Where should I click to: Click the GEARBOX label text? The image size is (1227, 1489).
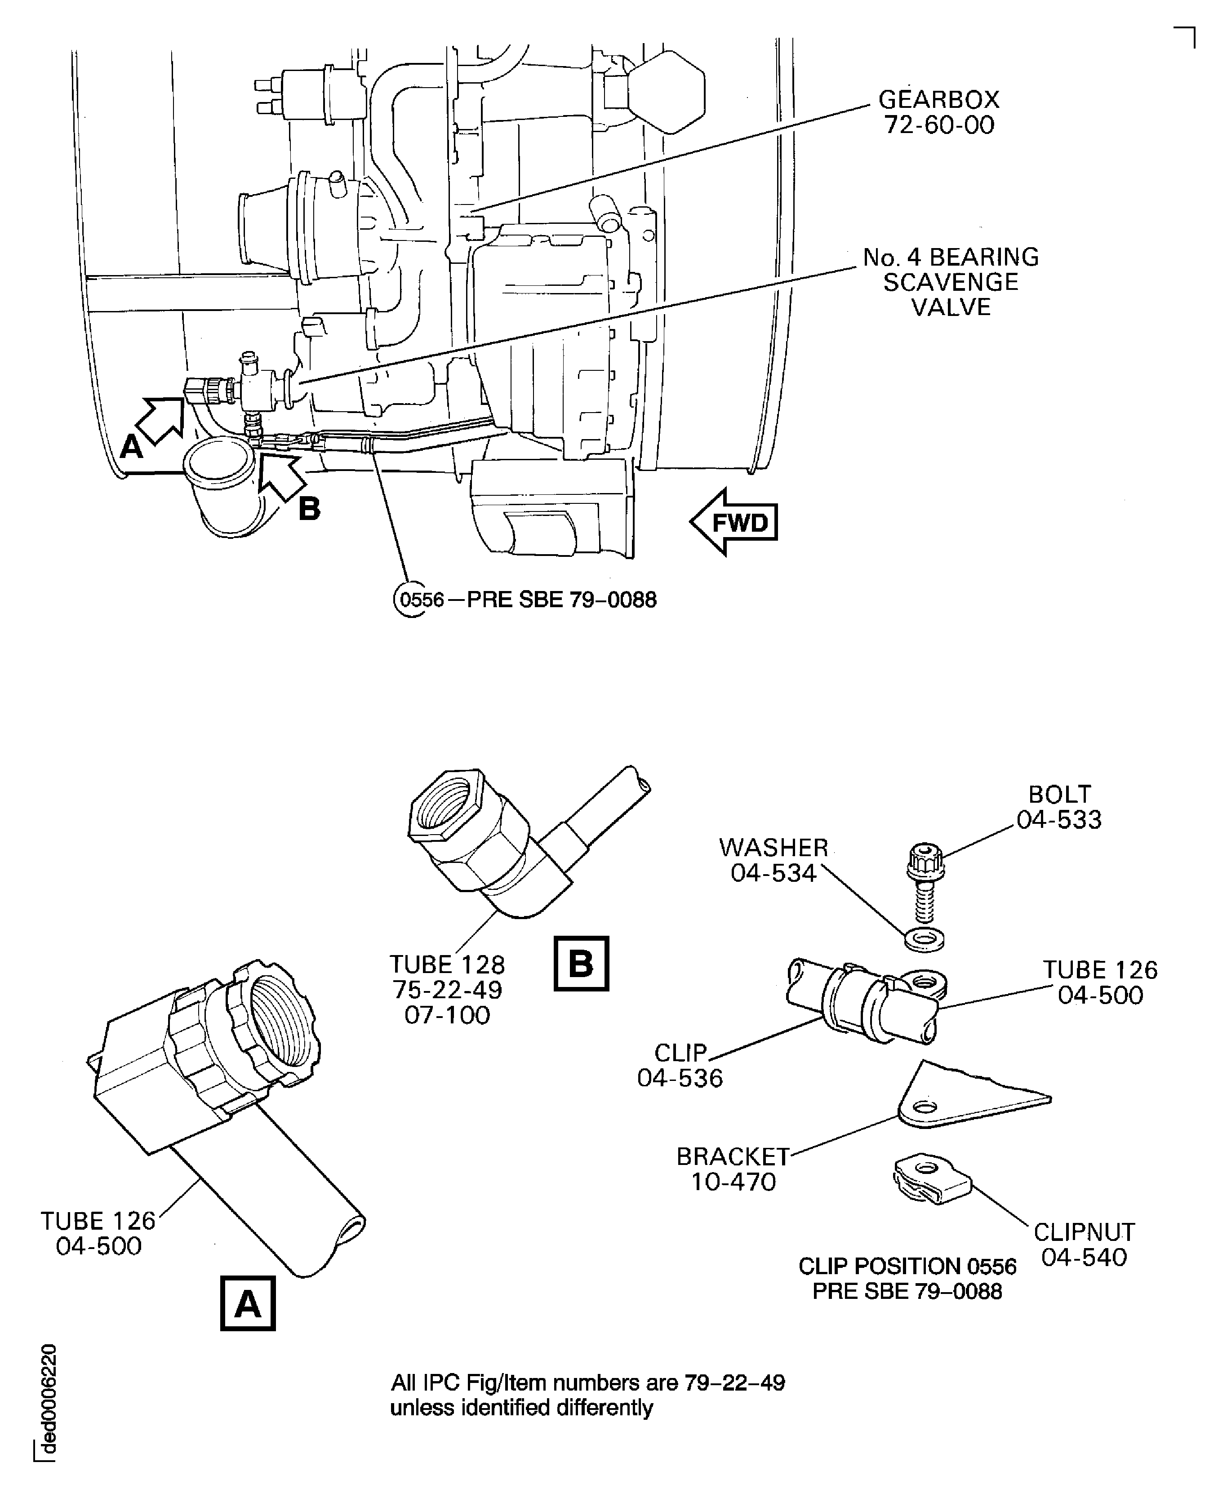coord(938,100)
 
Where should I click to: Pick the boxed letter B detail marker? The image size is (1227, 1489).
coord(581,963)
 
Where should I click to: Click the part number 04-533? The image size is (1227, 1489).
coord(1059,820)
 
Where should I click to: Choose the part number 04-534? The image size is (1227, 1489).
coord(773,873)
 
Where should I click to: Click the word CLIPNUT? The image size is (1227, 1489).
coord(1084,1232)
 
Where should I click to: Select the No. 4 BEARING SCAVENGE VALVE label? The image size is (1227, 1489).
coord(951,282)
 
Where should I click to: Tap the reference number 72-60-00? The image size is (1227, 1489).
coord(938,125)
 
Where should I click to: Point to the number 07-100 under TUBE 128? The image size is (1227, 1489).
coord(447,1016)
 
